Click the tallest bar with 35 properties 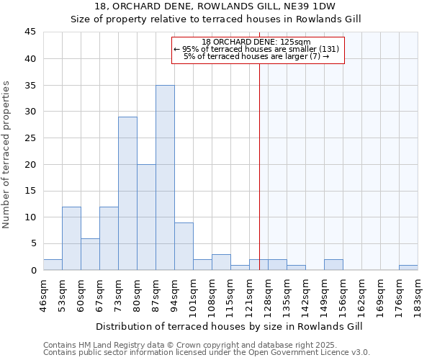pyautogui.click(x=165, y=178)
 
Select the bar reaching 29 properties pyautogui.click(x=127, y=194)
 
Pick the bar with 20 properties pyautogui.click(x=146, y=217)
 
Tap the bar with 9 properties pyautogui.click(x=184, y=246)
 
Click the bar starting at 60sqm pyautogui.click(x=90, y=254)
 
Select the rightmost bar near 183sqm pyautogui.click(x=408, y=268)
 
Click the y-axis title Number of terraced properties pyautogui.click(x=6, y=155)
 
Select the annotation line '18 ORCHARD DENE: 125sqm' pyautogui.click(x=256, y=42)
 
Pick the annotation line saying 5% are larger pyautogui.click(x=256, y=56)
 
